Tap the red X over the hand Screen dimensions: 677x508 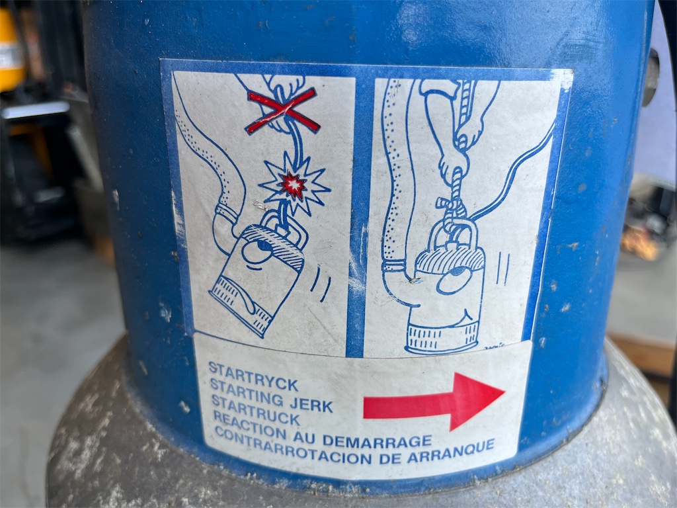pos(283,110)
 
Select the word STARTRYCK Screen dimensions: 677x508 pos(253,376)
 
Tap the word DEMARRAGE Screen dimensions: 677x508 pos(377,441)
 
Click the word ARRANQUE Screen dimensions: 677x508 pos(451,451)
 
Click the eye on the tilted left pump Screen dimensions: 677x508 pos(257,251)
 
